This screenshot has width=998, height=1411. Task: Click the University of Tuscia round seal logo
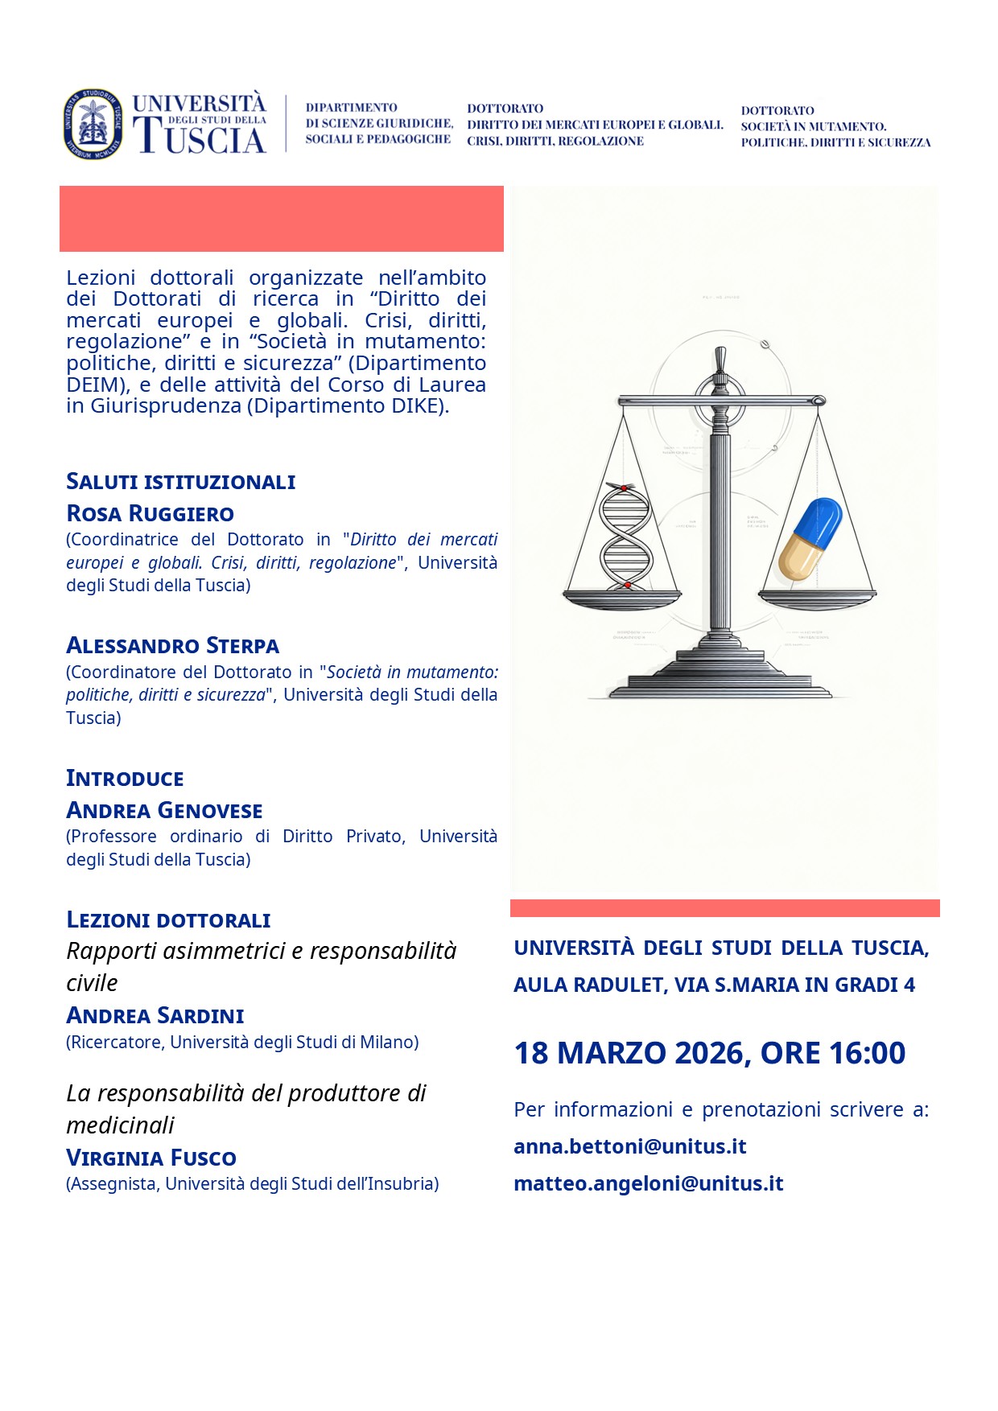click(93, 124)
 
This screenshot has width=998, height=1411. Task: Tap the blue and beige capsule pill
click(810, 538)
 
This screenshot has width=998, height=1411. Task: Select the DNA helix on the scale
click(625, 537)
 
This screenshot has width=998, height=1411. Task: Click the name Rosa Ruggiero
click(150, 513)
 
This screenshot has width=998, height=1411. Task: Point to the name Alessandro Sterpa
click(172, 646)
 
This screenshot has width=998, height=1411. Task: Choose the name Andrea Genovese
click(164, 810)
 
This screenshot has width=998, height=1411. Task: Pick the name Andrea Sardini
click(155, 1016)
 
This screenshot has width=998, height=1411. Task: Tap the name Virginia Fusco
click(151, 1158)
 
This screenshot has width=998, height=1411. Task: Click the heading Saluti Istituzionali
click(180, 482)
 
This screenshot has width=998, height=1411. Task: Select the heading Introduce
click(125, 779)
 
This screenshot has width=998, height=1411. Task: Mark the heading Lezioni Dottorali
click(168, 920)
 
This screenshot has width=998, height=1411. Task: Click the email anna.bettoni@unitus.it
click(629, 1146)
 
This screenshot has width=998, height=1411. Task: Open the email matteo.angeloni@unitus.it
click(648, 1183)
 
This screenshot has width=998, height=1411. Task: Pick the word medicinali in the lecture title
click(120, 1125)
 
